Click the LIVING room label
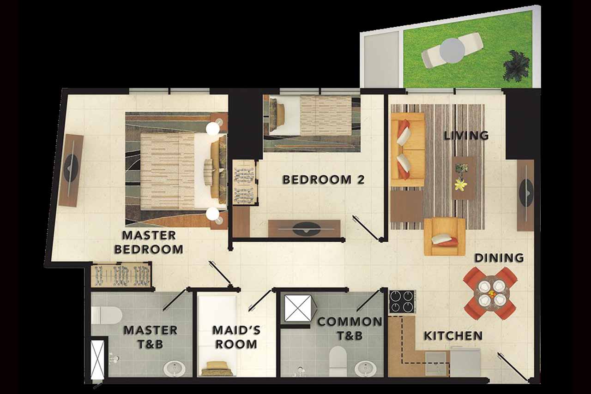pos(466,136)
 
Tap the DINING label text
pos(499,257)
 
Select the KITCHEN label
pos(453,336)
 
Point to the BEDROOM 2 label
pos(324,179)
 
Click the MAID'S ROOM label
pos(236,337)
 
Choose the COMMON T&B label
pos(350,328)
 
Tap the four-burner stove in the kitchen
pos(402,301)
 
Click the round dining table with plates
pos(490,293)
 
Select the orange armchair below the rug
pos(445,237)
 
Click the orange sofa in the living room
pos(408,150)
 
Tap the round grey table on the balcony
pos(452,51)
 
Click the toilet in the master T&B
pos(106,315)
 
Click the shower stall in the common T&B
pos(298,308)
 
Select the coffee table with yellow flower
pos(464,178)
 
